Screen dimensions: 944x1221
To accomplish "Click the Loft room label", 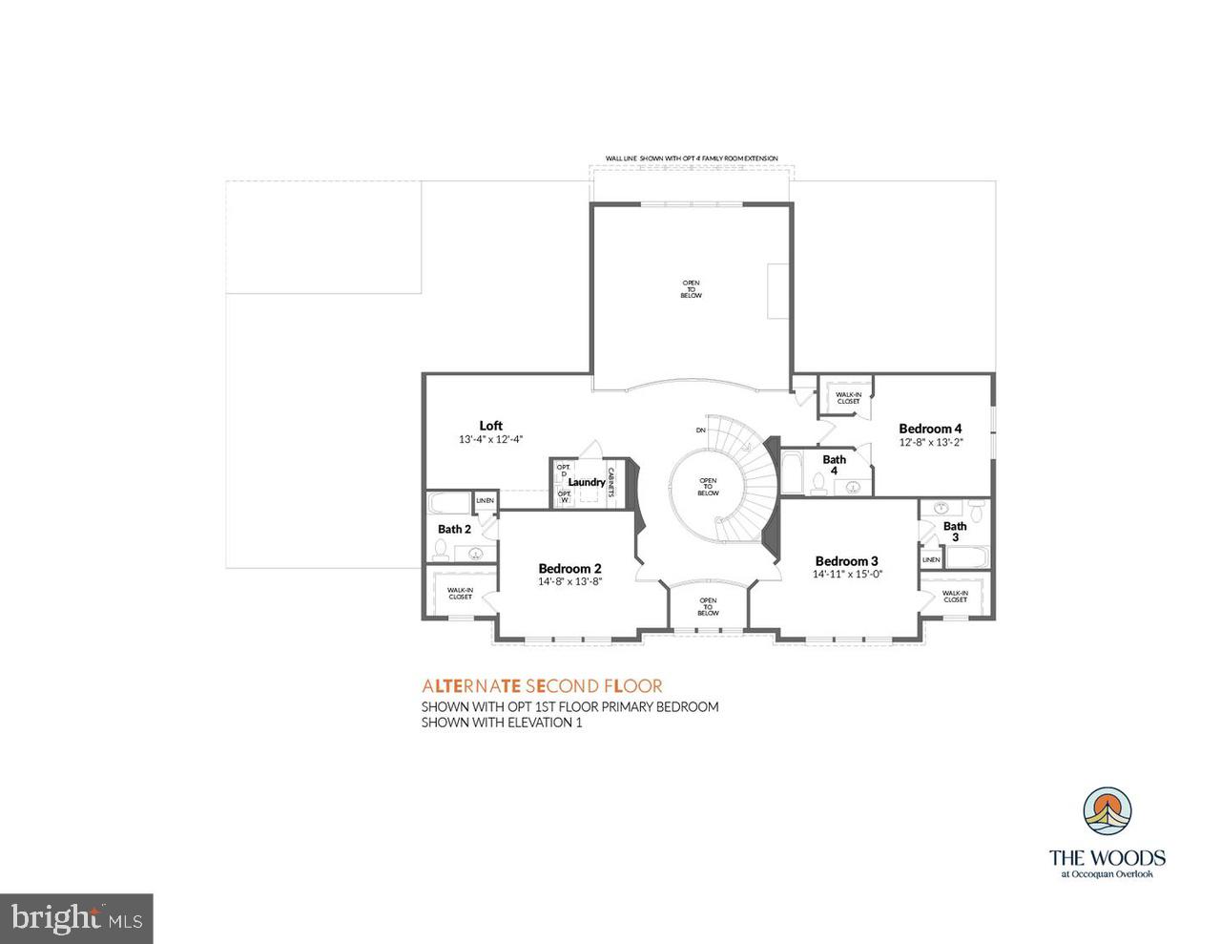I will point(490,426).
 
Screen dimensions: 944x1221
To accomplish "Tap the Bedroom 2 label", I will point(569,568).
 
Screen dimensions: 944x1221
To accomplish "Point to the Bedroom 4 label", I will point(930,429).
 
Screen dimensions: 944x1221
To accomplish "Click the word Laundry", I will point(586,482).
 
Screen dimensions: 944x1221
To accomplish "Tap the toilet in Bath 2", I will point(441,549).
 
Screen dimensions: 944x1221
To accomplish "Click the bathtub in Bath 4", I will point(792,472).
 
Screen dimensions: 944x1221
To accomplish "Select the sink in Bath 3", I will point(942,508).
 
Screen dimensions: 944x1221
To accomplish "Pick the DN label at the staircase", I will point(701,430).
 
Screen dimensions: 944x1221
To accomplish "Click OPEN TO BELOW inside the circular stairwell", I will point(708,487).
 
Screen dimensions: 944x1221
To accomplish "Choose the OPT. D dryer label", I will point(564,471).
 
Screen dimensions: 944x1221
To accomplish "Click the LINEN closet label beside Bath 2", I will point(485,500).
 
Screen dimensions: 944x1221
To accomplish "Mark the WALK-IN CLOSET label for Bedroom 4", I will point(847,397).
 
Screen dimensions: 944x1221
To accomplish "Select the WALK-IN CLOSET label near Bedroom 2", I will point(460,594).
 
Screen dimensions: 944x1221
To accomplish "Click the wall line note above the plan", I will point(692,158).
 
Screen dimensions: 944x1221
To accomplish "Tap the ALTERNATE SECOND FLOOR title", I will point(542,685).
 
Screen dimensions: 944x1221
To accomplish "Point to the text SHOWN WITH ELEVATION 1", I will point(502,723).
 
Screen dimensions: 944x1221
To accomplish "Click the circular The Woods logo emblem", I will point(1107,813).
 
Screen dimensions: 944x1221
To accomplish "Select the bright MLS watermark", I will point(76,918).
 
